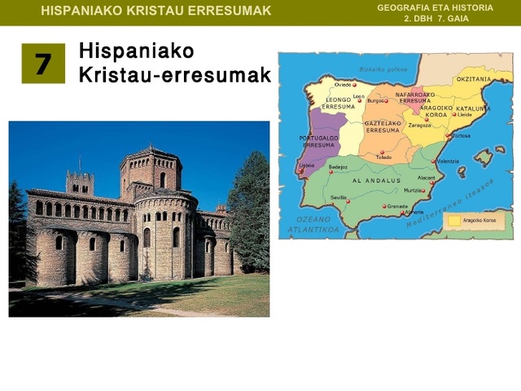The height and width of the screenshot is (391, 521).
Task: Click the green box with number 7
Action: click(42, 64)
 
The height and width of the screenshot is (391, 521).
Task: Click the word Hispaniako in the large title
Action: click(136, 51)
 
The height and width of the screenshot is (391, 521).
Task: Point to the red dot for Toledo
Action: click(383, 151)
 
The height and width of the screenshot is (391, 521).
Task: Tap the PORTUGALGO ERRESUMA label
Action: click(318, 141)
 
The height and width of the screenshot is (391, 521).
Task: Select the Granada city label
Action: click(397, 206)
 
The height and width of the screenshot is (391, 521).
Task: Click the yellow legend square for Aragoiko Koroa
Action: click(453, 220)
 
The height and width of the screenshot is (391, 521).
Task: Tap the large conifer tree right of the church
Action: click(249, 208)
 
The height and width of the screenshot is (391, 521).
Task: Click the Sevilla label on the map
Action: click(339, 198)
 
